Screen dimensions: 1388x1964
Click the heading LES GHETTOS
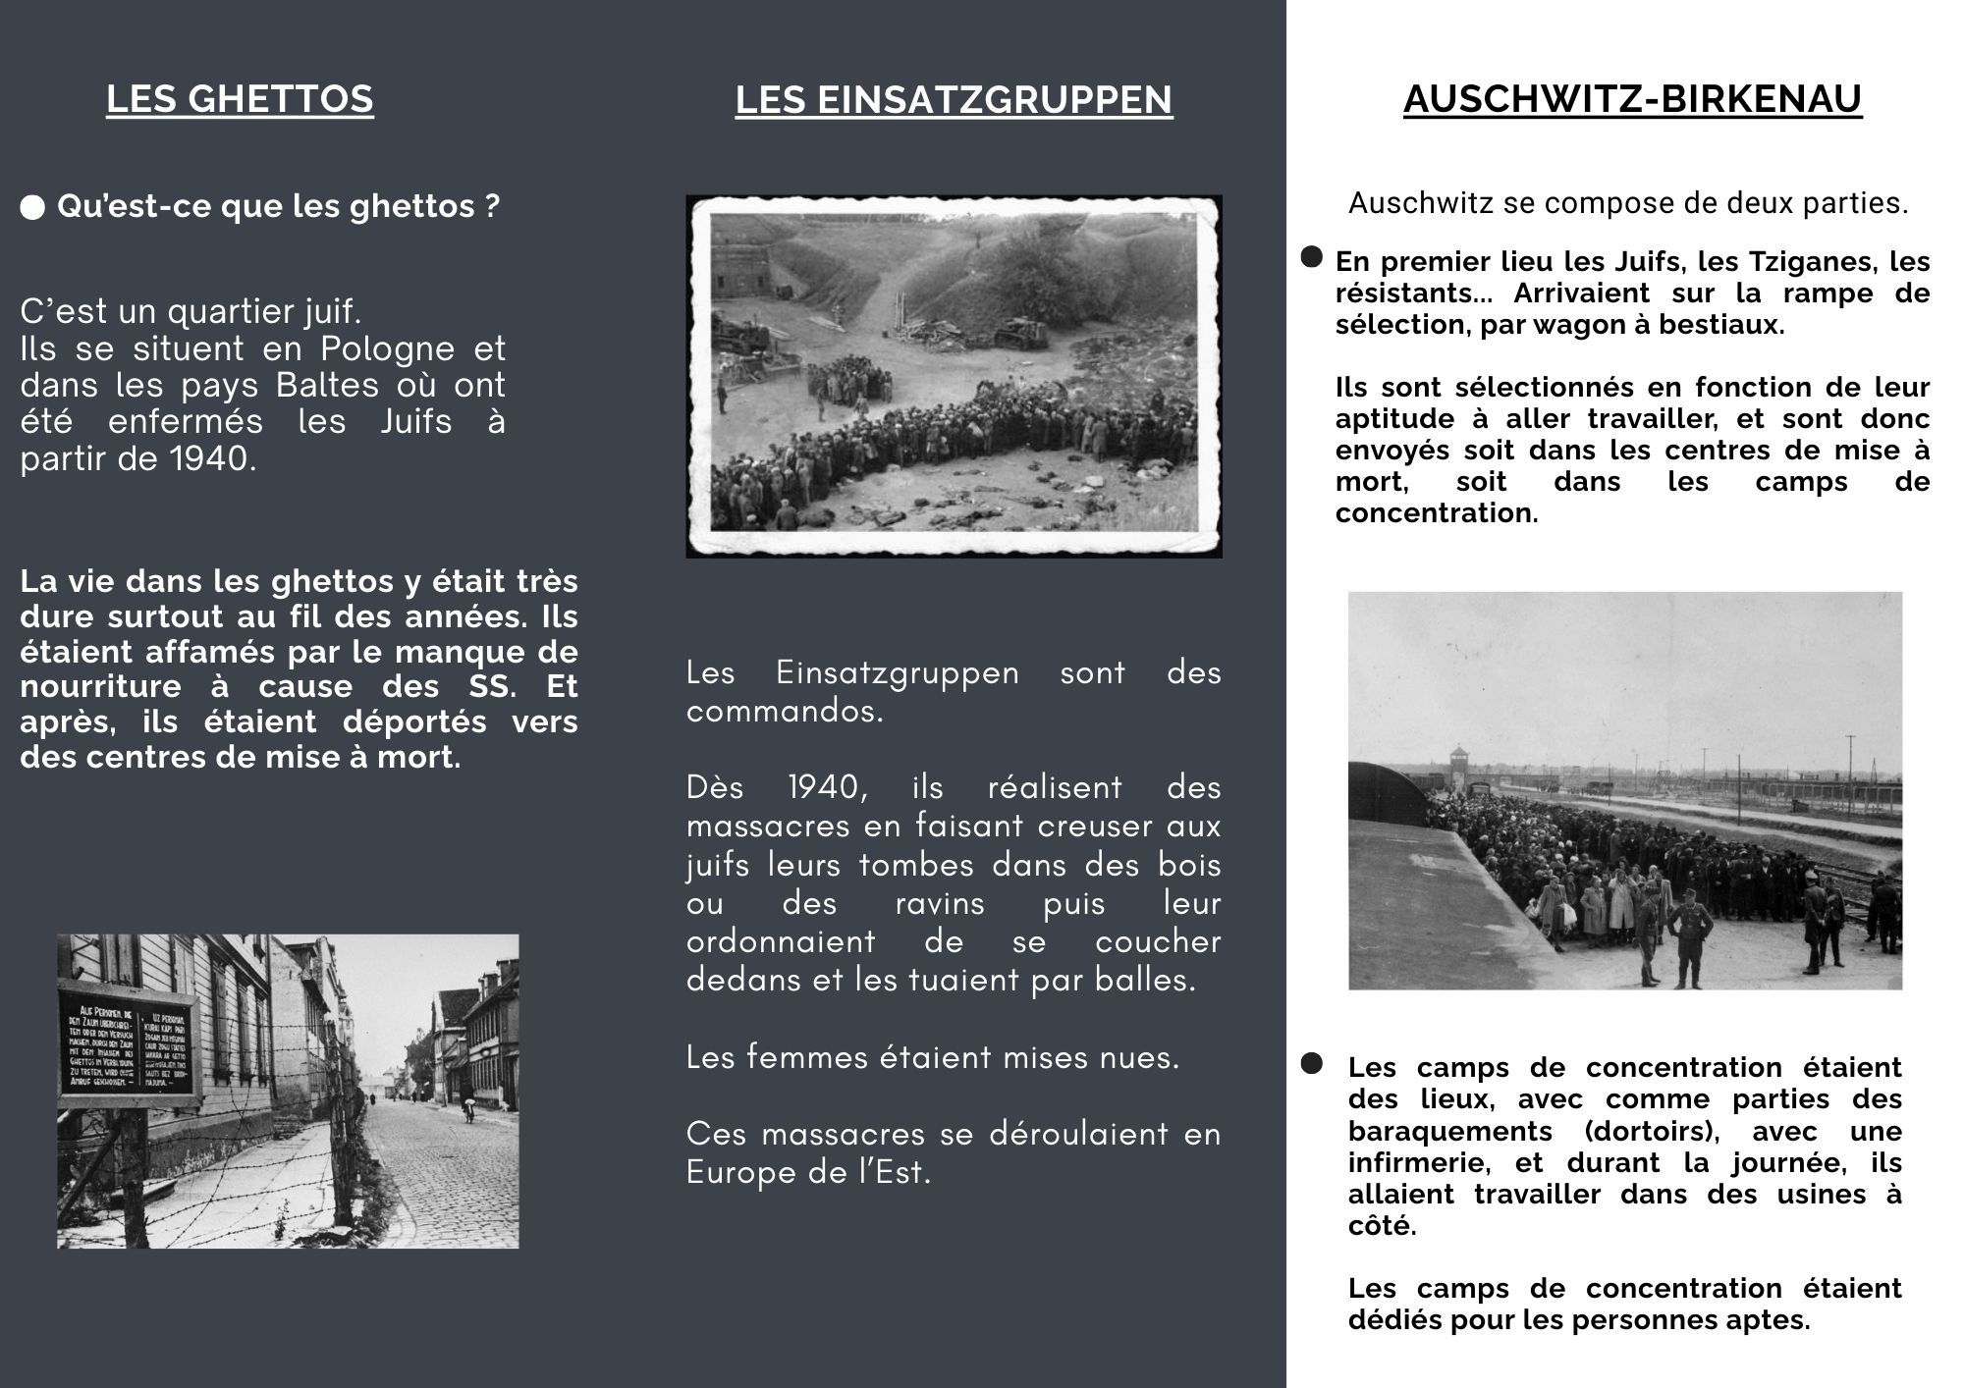coord(240,99)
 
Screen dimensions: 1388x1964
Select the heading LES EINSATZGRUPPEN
coord(954,100)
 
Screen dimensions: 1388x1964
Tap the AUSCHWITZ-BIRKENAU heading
coord(1632,99)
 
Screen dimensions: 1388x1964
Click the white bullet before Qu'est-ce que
coord(32,207)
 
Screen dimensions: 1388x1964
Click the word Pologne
coord(388,348)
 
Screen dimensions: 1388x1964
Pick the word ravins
coord(939,903)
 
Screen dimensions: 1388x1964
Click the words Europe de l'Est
coord(807,1172)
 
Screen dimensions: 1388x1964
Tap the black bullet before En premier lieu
coord(1311,257)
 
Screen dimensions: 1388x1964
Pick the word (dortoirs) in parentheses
coord(1652,1131)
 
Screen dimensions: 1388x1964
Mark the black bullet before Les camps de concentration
coord(1311,1064)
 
